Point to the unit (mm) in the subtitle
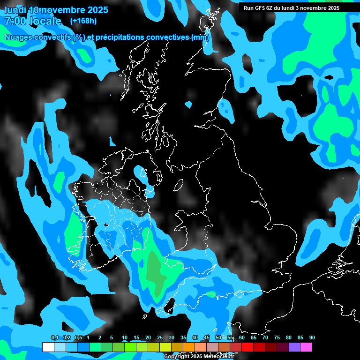pyautogui.click(x=200, y=37)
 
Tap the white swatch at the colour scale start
pyautogui.click(x=48, y=347)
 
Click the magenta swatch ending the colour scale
pyautogui.click(x=306, y=347)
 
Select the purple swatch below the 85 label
pyautogui.click(x=294, y=347)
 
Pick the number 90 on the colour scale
pyautogui.click(x=312, y=337)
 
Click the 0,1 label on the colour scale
pyautogui.click(x=54, y=337)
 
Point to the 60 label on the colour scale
pyautogui.click(x=242, y=337)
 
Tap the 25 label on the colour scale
pyautogui.click(x=160, y=337)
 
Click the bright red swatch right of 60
pyautogui.click(x=247, y=347)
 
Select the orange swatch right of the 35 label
pyautogui.click(x=188, y=347)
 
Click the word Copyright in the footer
pyautogui.click(x=176, y=357)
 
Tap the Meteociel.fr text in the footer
pyautogui.click(x=219, y=357)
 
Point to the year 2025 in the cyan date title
pyautogui.click(x=97, y=10)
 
